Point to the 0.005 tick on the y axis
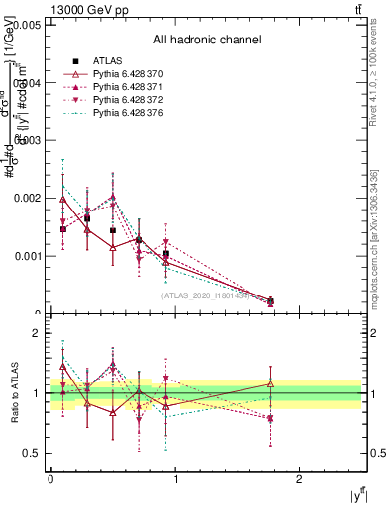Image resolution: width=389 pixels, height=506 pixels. [x=28, y=25]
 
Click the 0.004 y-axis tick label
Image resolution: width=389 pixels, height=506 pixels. [x=28, y=83]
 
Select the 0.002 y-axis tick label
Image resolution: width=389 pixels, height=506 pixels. [x=28, y=198]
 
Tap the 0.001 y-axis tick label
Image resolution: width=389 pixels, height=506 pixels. [x=28, y=256]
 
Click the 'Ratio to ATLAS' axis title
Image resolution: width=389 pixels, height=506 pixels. [x=13, y=393]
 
